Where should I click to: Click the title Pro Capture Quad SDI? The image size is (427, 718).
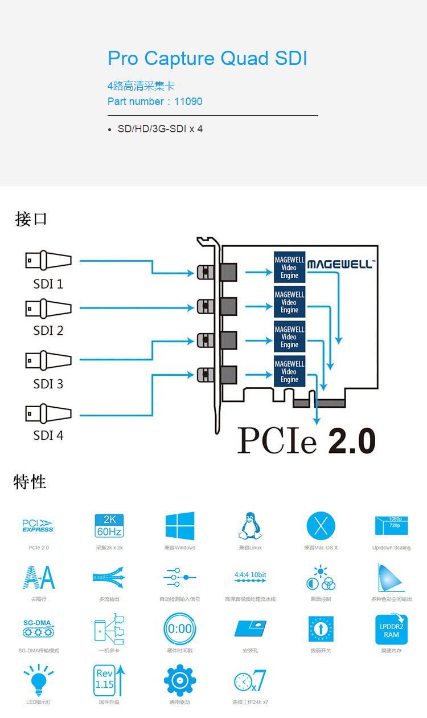coord(207,59)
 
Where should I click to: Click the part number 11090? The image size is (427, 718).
coord(188,102)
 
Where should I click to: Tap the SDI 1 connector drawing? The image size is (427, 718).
coord(48,261)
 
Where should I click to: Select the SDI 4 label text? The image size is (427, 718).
coord(48,436)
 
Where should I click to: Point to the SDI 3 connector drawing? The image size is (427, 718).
coord(48,360)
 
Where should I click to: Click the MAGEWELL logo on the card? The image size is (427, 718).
coord(340,264)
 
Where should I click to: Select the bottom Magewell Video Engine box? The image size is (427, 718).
coord(289,372)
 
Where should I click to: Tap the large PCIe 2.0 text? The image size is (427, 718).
coord(306,441)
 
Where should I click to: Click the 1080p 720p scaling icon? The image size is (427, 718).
coord(392,525)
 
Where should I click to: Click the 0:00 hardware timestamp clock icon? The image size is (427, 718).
coord(179,629)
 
